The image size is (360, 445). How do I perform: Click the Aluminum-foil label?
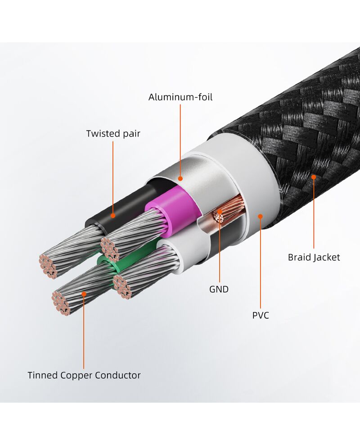pos(180,97)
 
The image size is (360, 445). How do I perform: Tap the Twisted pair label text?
pos(113,133)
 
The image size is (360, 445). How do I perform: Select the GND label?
pos(219,289)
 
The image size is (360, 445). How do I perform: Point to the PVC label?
pos(260,315)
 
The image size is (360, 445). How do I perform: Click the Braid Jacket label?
pos(314,258)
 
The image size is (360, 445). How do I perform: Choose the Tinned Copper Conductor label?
pos(84,375)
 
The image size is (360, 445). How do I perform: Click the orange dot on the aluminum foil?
pos(180,178)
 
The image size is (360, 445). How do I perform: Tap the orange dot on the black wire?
pos(113,216)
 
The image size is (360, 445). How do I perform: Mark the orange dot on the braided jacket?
pos(314,177)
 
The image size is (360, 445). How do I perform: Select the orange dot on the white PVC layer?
pos(260,217)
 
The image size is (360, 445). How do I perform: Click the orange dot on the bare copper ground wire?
pos(220,211)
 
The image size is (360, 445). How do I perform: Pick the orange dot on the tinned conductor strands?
pos(84,294)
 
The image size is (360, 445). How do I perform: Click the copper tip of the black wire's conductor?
pos(48,266)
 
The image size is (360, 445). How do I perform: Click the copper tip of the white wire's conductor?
pos(122,286)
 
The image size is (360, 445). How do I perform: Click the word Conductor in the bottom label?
pos(117,375)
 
